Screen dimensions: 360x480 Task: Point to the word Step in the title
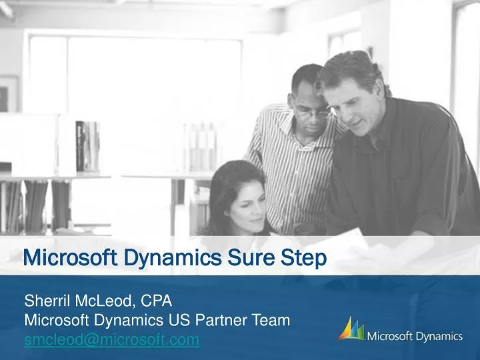300,257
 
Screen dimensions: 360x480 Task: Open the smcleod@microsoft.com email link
111,340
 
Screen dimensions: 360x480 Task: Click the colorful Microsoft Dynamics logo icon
351,330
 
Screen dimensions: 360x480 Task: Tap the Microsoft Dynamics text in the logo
415,336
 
